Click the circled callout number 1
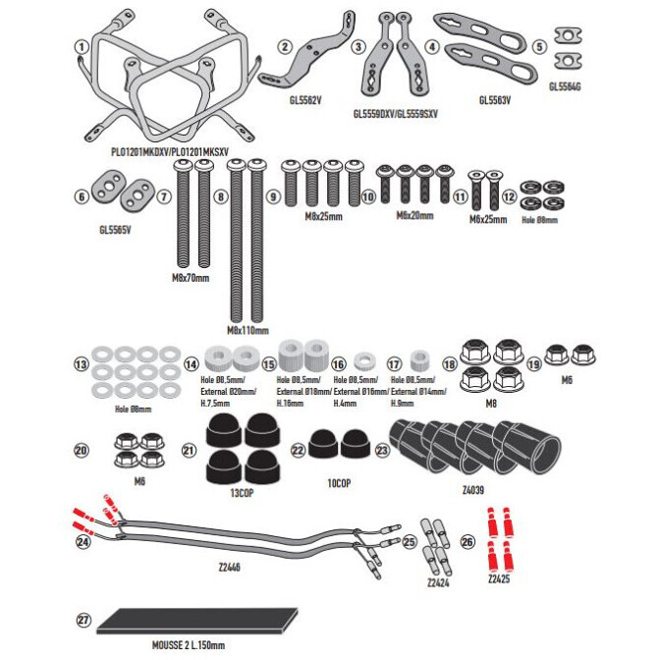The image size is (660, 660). click(x=82, y=46)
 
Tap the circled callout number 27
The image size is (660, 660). click(x=82, y=621)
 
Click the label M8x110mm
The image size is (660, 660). click(x=247, y=331)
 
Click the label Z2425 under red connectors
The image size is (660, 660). click(x=500, y=579)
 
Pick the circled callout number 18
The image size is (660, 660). click(x=449, y=362)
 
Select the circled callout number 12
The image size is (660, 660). click(x=508, y=195)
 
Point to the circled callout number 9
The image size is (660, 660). click(x=272, y=196)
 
